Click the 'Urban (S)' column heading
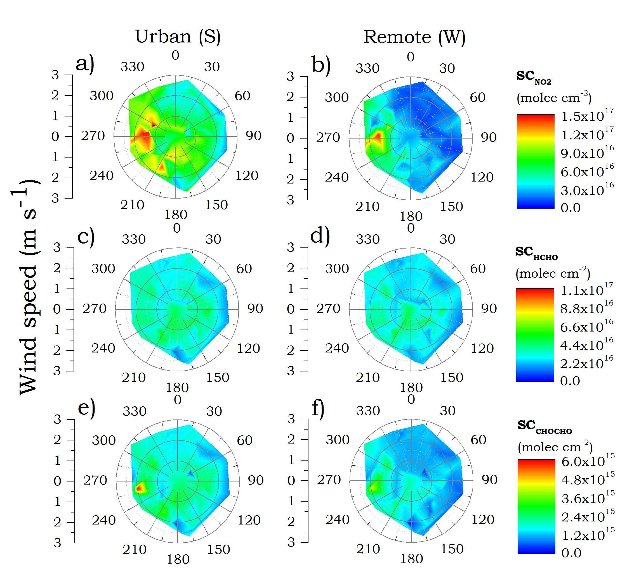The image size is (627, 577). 178,37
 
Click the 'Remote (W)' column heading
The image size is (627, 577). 414,37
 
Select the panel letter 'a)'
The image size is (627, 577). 85,63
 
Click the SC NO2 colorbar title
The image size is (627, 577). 534,77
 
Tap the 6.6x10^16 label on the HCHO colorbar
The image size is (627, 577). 587,326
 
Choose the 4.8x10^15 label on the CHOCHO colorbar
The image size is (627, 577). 588,479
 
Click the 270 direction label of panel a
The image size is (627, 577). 93,136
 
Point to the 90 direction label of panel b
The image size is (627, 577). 489,137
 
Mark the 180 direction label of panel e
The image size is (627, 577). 178,559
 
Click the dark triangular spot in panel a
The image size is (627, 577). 154,125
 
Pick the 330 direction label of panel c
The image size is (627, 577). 134,239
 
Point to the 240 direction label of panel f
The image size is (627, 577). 337,519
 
